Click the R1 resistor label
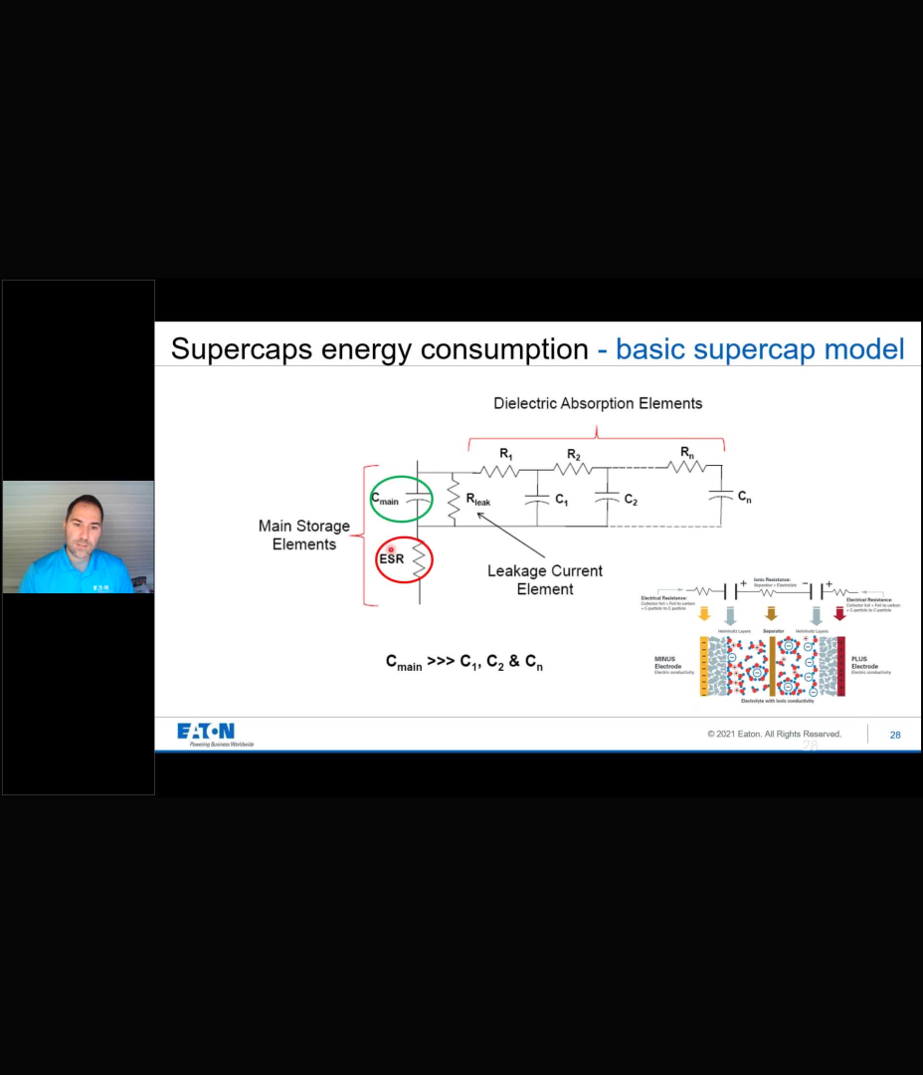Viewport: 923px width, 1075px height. [506, 455]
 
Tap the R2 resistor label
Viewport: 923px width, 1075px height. [574, 455]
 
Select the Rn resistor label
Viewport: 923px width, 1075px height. [687, 453]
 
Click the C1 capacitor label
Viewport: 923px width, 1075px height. [561, 500]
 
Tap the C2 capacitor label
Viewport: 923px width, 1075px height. [630, 500]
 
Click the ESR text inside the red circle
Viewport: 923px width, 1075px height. [391, 559]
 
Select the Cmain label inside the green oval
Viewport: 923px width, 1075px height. [385, 500]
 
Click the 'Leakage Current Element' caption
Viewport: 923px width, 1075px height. [544, 579]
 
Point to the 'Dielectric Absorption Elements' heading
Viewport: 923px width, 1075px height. [598, 403]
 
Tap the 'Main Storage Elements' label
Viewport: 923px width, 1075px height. [304, 535]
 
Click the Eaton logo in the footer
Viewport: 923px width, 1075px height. [207, 733]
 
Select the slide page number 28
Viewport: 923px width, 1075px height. [895, 735]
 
